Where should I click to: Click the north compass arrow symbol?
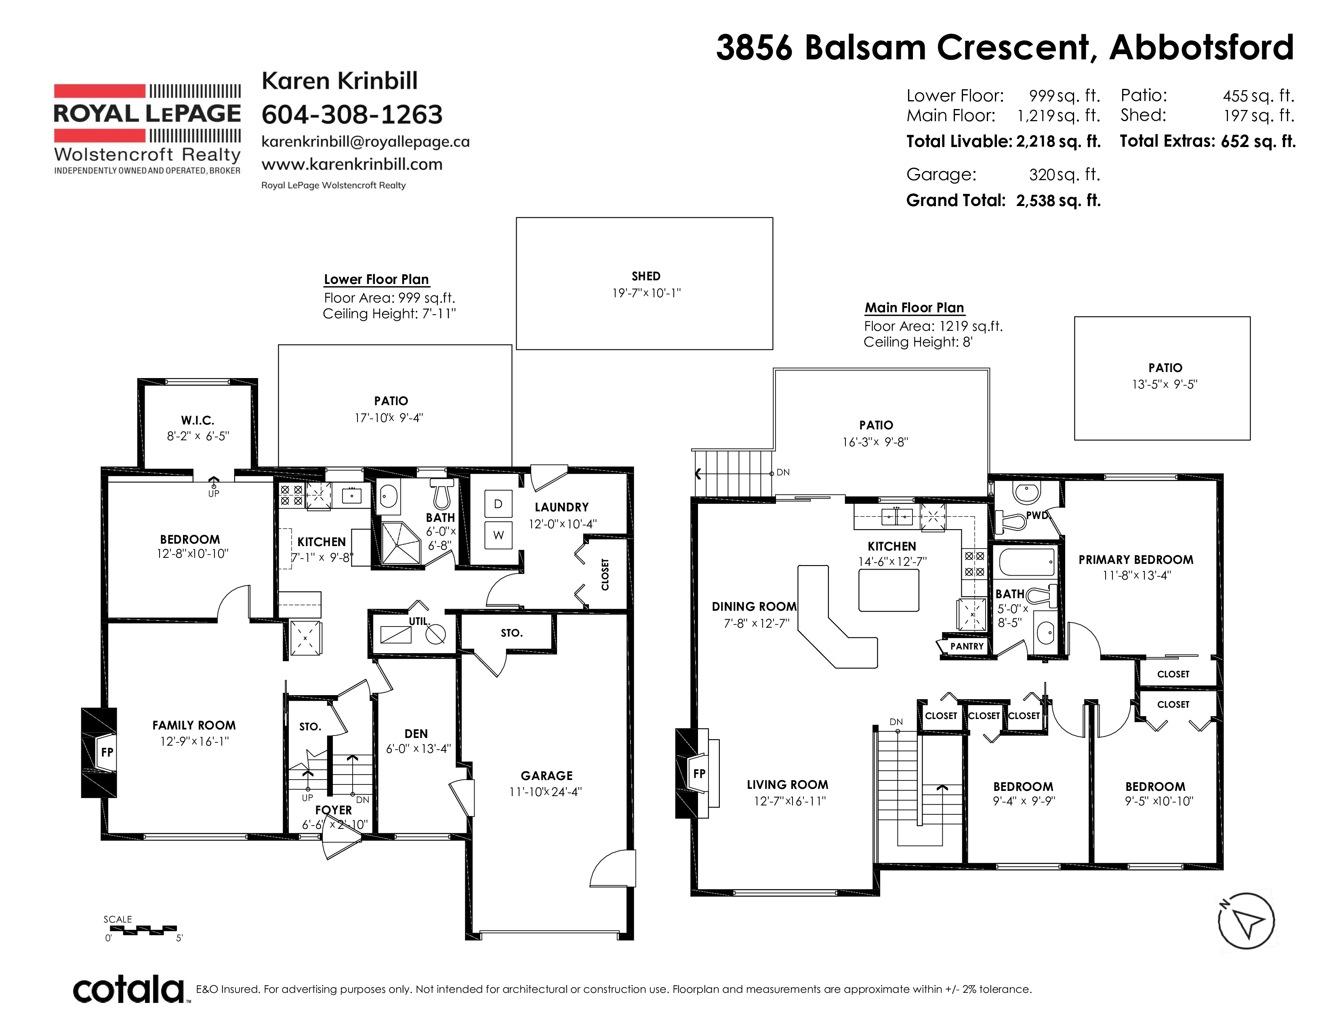1246,921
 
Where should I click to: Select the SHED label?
646,276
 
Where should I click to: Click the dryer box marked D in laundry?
498,504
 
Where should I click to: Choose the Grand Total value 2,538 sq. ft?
1058,200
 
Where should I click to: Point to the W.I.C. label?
197,420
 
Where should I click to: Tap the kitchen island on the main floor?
889,590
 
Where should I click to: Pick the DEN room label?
416,734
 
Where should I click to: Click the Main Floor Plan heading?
914,307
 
